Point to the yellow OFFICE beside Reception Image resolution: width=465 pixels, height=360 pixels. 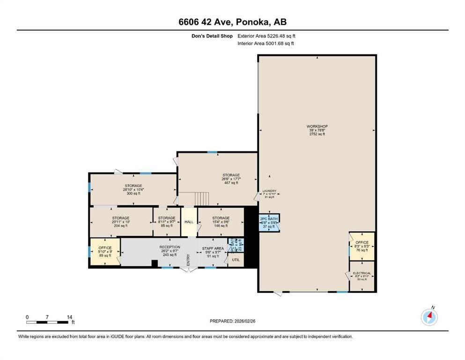pos(105,251)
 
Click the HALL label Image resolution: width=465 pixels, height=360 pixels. pos(189,222)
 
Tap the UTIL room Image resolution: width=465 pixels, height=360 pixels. pos(236,259)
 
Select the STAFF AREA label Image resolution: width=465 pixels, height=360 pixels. pos(213,252)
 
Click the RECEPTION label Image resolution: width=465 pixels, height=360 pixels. pos(170,250)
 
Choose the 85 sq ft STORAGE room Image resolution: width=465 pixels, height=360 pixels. pos(167,222)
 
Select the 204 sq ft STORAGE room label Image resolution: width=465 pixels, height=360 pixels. pos(121,222)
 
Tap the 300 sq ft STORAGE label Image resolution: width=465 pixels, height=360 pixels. pos(133,189)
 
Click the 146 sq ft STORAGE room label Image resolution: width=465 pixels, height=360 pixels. pos(221,222)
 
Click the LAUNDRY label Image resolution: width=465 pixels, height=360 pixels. pos(269,194)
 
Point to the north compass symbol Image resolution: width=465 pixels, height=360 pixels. pos(429,317)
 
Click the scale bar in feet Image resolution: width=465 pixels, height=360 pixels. pos(48,322)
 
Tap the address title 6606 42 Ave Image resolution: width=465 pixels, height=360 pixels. pos(232,22)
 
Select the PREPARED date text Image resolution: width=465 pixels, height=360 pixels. pos(233,321)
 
